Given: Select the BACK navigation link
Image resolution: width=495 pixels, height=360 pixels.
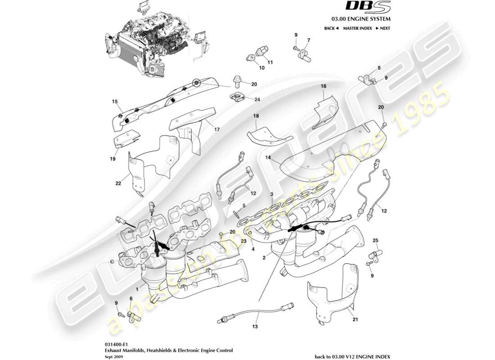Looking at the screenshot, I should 331,28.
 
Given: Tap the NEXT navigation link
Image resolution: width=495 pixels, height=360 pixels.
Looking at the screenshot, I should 382,28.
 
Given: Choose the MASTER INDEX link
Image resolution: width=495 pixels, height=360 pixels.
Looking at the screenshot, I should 357,28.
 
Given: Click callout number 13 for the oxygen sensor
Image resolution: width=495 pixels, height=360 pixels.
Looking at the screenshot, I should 256,327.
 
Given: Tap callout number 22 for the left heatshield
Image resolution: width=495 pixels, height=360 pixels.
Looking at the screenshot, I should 118,183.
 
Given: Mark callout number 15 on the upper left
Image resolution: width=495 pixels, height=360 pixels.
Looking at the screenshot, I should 114,102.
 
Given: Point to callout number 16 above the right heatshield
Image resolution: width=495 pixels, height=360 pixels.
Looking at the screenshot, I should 323,85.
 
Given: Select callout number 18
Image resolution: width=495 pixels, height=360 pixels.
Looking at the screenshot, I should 256,116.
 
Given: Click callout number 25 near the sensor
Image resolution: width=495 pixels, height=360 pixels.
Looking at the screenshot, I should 375,241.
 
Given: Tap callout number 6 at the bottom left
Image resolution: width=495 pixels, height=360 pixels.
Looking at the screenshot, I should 131,298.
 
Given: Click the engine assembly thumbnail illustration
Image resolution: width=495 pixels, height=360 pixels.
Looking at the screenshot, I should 155,43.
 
